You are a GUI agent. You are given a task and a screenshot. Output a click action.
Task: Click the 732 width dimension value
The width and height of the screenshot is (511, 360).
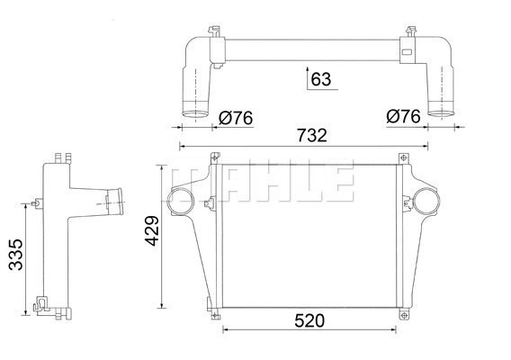click(x=311, y=135)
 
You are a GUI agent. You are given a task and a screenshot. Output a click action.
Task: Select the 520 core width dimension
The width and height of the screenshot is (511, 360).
click(x=309, y=320)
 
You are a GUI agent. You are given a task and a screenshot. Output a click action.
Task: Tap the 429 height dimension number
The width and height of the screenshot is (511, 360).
click(x=152, y=230)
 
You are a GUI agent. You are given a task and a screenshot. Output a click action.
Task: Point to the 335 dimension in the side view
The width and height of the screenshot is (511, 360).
click(x=15, y=255)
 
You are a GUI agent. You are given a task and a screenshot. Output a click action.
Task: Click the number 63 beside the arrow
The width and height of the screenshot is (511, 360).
click(x=321, y=79)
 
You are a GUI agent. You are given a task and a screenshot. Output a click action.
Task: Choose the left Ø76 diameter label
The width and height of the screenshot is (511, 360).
click(x=236, y=118)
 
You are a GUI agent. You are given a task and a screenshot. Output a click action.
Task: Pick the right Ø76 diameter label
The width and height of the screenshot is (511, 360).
click(x=403, y=116)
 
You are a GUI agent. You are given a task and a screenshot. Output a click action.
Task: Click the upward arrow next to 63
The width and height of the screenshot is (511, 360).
click(x=308, y=78)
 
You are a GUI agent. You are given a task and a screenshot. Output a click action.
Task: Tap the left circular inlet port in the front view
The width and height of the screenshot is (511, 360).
click(x=180, y=202)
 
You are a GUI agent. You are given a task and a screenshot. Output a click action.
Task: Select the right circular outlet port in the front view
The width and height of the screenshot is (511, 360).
click(x=426, y=201)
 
